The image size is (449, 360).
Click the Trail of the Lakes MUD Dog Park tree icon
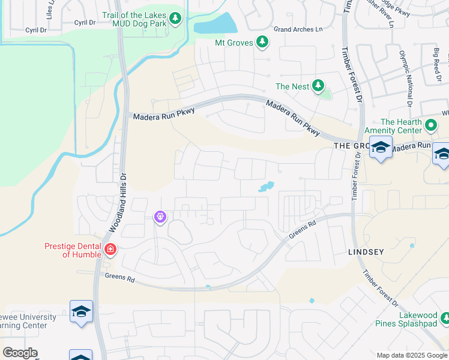[175, 18]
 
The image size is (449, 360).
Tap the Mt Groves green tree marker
[262, 42]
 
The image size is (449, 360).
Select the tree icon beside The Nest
[318, 86]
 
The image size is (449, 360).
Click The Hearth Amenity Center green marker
[430, 126]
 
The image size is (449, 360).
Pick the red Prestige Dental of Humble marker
[110, 249]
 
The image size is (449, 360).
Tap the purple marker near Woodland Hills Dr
[160, 217]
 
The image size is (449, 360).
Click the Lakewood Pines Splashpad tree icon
[444, 317]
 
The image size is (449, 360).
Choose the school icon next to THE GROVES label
[381, 147]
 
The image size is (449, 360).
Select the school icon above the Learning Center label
[81, 311]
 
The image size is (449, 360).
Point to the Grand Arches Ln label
[298, 29]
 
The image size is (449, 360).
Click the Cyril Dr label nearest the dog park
[85, 22]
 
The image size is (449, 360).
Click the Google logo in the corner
[20, 353]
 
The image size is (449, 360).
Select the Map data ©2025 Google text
[412, 355]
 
